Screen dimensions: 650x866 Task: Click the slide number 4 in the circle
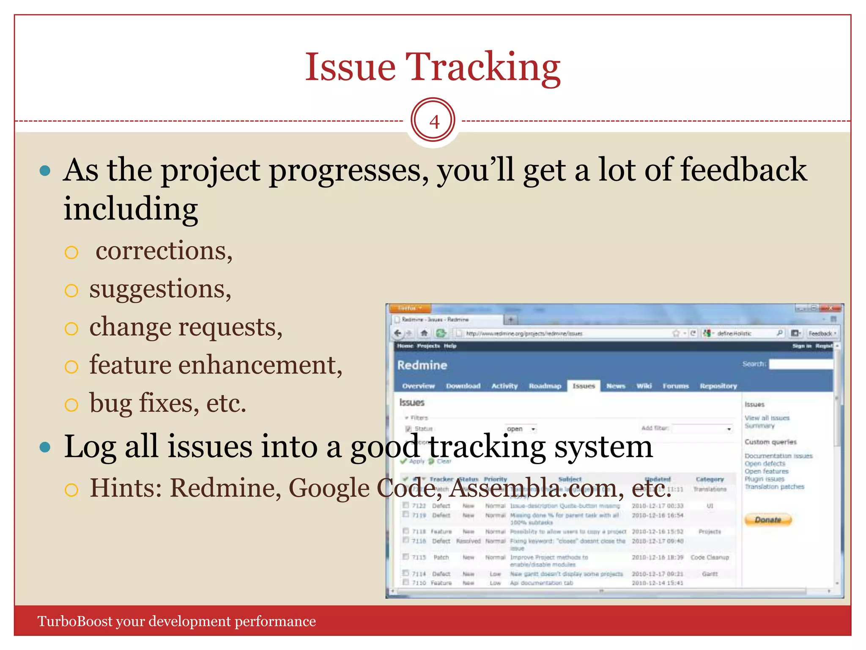click(x=434, y=121)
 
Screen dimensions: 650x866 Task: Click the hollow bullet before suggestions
click(x=71, y=290)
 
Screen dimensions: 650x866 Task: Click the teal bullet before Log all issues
click(x=45, y=447)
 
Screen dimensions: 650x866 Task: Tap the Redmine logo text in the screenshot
click(x=422, y=365)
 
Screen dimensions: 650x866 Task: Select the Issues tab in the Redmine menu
click(x=584, y=386)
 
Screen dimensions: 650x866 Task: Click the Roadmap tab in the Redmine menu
click(x=545, y=386)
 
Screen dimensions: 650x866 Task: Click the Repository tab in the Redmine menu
click(x=718, y=386)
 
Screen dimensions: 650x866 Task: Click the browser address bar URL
click(x=524, y=333)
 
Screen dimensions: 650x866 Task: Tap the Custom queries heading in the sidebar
click(x=770, y=442)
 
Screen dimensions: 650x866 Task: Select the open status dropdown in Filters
click(x=521, y=429)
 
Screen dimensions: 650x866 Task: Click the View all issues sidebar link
click(x=767, y=418)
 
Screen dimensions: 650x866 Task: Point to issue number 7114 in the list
click(x=419, y=574)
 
